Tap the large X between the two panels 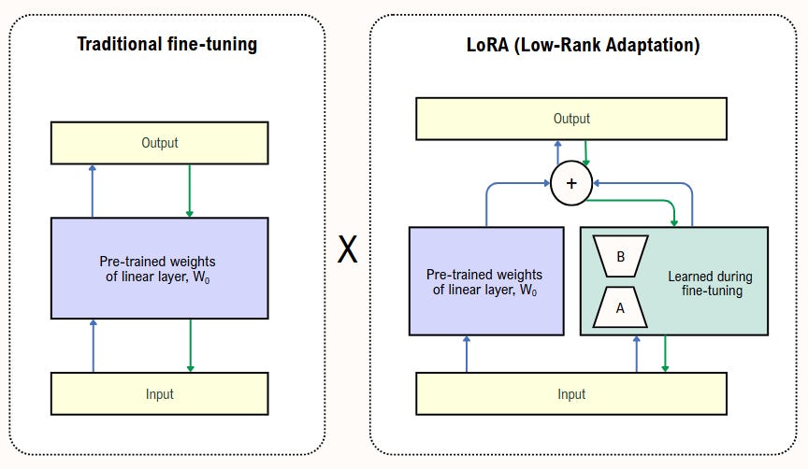pyautogui.click(x=347, y=249)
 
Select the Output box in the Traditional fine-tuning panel pyautogui.click(x=159, y=143)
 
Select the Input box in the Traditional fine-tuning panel pyautogui.click(x=159, y=393)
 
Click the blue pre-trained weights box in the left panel pyautogui.click(x=159, y=268)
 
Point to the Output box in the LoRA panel pyautogui.click(x=571, y=119)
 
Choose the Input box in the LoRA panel pyautogui.click(x=571, y=393)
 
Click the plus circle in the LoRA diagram pyautogui.click(x=571, y=184)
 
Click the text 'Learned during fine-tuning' pyautogui.click(x=709, y=283)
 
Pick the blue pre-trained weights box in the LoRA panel pyautogui.click(x=486, y=280)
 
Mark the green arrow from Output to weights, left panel pyautogui.click(x=190, y=190)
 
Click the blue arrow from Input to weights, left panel pyautogui.click(x=93, y=345)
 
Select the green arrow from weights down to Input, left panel pyautogui.click(x=190, y=345)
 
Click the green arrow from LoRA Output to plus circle pyautogui.click(x=586, y=153)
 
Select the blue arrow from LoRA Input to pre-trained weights pyautogui.click(x=466, y=354)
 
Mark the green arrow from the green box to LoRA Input pyautogui.click(x=665, y=354)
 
